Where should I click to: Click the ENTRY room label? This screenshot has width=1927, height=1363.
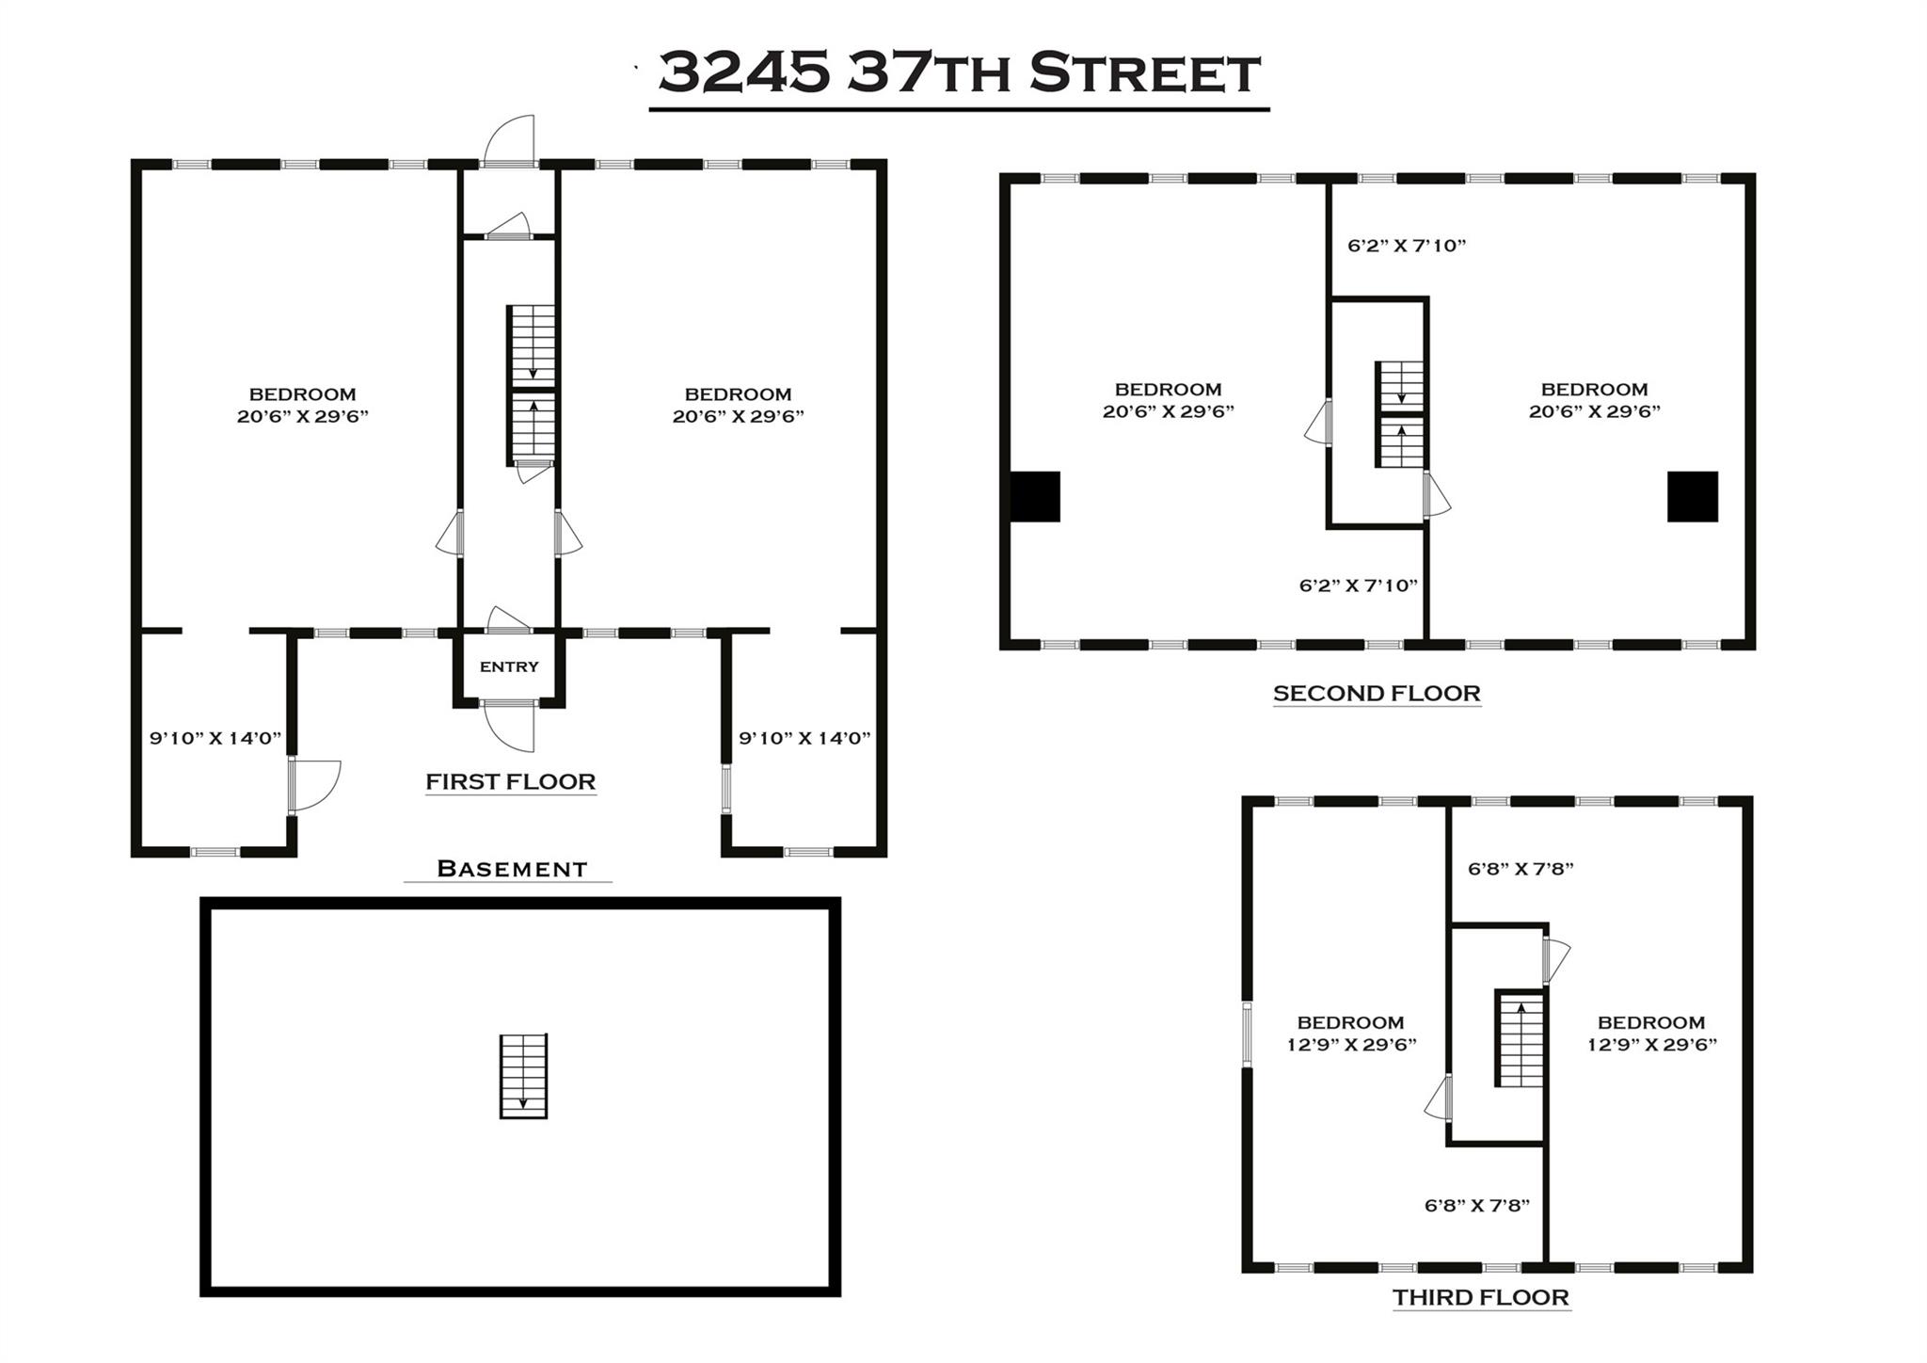tap(509, 666)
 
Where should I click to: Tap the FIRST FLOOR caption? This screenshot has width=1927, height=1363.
tap(510, 781)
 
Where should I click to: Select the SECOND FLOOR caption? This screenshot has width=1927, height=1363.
tap(1377, 693)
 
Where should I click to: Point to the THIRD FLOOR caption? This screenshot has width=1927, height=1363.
tap(1481, 1297)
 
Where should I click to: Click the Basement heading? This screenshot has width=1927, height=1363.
tap(512, 868)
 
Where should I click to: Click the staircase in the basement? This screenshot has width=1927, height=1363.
tap(523, 1076)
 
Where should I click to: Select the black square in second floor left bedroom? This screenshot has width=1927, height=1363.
tap(1035, 496)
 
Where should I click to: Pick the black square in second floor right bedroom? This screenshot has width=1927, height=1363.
tap(1692, 496)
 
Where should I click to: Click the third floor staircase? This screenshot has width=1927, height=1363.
tap(1520, 1038)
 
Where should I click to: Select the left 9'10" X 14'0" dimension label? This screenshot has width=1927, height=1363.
tap(215, 738)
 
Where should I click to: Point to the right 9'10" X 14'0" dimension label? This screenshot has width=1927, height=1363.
tap(804, 738)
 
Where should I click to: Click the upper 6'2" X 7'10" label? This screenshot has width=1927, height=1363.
tap(1407, 246)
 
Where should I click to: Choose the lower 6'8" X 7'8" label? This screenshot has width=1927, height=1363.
tap(1476, 1205)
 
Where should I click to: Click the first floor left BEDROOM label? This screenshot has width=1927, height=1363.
tap(302, 394)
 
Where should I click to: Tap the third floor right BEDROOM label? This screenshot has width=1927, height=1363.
tap(1651, 1022)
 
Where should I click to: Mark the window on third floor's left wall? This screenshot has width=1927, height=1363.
tap(1248, 1034)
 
